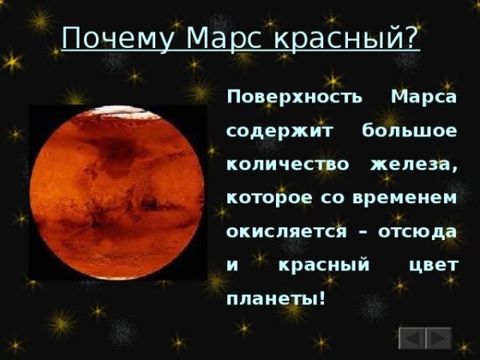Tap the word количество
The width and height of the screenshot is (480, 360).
click(289, 164)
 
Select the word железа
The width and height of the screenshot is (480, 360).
click(414, 164)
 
